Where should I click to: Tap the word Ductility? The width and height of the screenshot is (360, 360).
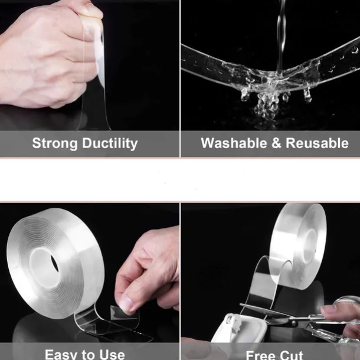pos(109,143)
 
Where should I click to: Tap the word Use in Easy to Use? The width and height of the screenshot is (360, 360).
pos(112,354)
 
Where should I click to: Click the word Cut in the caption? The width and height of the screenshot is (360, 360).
pos(292,355)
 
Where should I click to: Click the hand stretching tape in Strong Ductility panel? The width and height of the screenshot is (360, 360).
pos(47,53)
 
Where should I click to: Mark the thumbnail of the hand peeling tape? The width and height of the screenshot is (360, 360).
pos(126,304)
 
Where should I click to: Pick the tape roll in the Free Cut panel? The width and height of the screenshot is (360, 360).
pos(298,242)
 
